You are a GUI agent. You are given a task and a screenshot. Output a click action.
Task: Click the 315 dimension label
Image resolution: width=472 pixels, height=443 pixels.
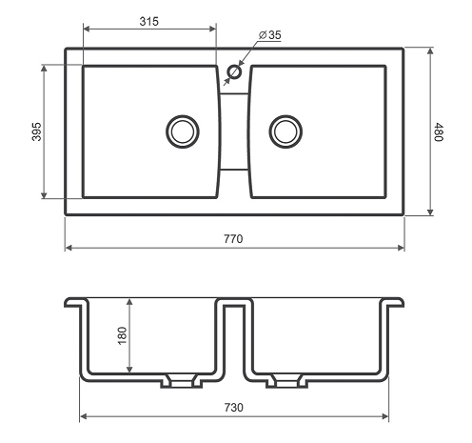pyautogui.click(x=148, y=21)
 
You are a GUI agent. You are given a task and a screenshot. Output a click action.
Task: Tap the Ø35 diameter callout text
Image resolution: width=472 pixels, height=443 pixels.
pyautogui.click(x=270, y=35)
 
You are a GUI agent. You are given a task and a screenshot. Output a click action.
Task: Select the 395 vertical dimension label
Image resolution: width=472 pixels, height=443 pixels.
pyautogui.click(x=36, y=131)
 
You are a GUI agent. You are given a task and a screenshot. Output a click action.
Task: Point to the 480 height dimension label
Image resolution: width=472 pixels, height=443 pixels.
pyautogui.click(x=439, y=131)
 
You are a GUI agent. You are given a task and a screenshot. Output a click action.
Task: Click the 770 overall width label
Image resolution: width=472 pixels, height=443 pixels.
pyautogui.click(x=233, y=238)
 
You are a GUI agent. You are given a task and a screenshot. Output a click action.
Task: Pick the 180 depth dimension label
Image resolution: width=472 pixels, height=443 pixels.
pyautogui.click(x=122, y=335)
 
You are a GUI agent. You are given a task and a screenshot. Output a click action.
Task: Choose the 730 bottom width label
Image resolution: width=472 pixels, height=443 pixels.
pyautogui.click(x=233, y=407)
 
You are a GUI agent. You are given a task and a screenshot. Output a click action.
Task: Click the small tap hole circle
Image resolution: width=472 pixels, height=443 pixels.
pyautogui.click(x=235, y=71)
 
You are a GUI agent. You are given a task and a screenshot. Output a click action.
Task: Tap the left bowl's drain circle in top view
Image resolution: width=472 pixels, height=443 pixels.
pyautogui.click(x=183, y=131)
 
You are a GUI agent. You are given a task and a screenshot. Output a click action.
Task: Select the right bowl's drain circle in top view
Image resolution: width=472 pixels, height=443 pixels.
pyautogui.click(x=285, y=131)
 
